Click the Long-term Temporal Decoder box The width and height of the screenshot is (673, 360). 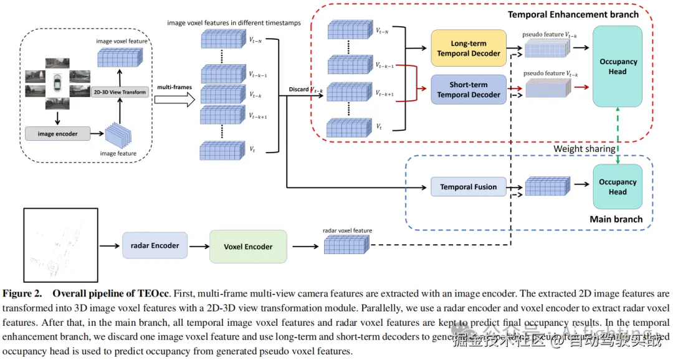click(x=468, y=49)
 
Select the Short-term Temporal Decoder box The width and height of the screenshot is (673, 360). click(x=468, y=90)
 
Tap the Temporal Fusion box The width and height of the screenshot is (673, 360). click(x=468, y=187)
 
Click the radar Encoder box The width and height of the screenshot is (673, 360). click(x=155, y=245)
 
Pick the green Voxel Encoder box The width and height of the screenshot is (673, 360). click(x=248, y=247)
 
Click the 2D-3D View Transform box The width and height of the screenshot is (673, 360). click(x=120, y=92)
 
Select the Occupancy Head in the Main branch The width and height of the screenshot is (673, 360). click(x=618, y=187)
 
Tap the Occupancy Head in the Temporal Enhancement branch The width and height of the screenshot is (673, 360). click(x=618, y=67)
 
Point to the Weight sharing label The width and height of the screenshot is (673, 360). click(x=585, y=149)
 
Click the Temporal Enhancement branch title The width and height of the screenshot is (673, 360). click(x=573, y=14)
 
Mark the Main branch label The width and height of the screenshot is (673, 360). click(x=616, y=219)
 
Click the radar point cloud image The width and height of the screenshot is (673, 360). click(x=60, y=245)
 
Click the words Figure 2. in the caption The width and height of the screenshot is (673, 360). click(x=22, y=293)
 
